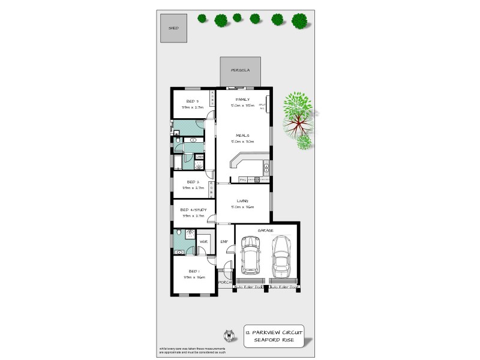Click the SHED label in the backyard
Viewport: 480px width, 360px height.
pos(173,28)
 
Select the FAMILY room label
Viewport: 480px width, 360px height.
pos(242,99)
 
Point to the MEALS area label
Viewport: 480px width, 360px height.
pos(242,136)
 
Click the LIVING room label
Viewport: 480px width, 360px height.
pos(242,201)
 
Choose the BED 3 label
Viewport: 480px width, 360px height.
pos(192,101)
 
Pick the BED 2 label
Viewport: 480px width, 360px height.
pos(193,182)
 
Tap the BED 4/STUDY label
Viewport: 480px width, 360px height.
pos(193,209)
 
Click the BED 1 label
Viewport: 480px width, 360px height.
pos(193,271)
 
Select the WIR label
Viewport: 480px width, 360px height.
pos(203,242)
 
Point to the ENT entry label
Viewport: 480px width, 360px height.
pos(224,242)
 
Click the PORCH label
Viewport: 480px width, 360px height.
pos(224,282)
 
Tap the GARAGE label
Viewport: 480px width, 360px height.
pos(266,230)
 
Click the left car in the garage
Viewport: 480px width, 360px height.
pos(251,256)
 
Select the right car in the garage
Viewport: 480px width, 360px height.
pos(281,256)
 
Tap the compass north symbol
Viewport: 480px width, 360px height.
pos(228,334)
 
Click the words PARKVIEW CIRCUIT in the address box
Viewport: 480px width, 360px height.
pos(278,331)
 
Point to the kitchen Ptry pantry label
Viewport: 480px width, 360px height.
pos(242,179)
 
